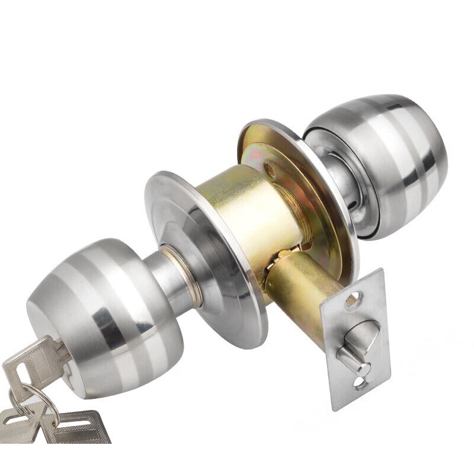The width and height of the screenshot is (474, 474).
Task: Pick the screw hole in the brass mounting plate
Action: tap(271, 172)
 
